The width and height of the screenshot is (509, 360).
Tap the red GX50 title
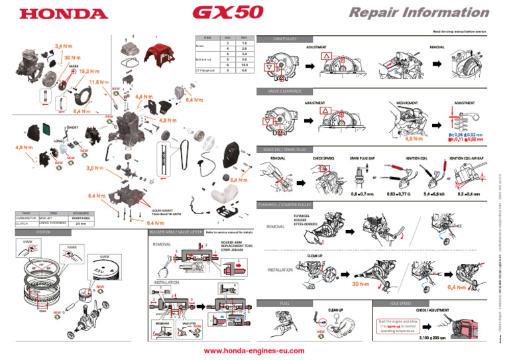[x=228, y=13]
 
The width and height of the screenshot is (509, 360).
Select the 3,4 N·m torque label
[x=64, y=46]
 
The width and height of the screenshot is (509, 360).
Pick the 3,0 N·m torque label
[x=97, y=168]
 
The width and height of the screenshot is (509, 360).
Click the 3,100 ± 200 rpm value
[x=434, y=345]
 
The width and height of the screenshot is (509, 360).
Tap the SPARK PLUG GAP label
[x=363, y=159]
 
